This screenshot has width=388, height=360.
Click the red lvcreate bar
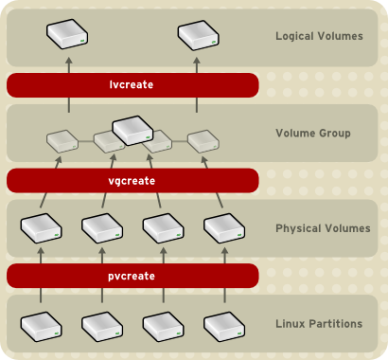[x=132, y=85]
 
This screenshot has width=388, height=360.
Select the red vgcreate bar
[x=132, y=180]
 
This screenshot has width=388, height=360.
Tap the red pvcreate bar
[x=132, y=276]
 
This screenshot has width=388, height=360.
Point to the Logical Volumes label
[x=319, y=37]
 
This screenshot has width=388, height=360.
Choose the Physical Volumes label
[x=322, y=228]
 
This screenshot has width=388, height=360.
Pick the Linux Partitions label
[x=319, y=324]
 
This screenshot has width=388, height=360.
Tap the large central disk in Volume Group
[x=134, y=130]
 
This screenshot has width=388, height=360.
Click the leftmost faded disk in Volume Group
[x=62, y=142]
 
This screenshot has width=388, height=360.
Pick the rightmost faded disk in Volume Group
[x=203, y=142]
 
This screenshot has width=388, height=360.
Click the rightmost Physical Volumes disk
[x=225, y=228]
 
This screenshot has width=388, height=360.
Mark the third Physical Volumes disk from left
[x=164, y=228]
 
